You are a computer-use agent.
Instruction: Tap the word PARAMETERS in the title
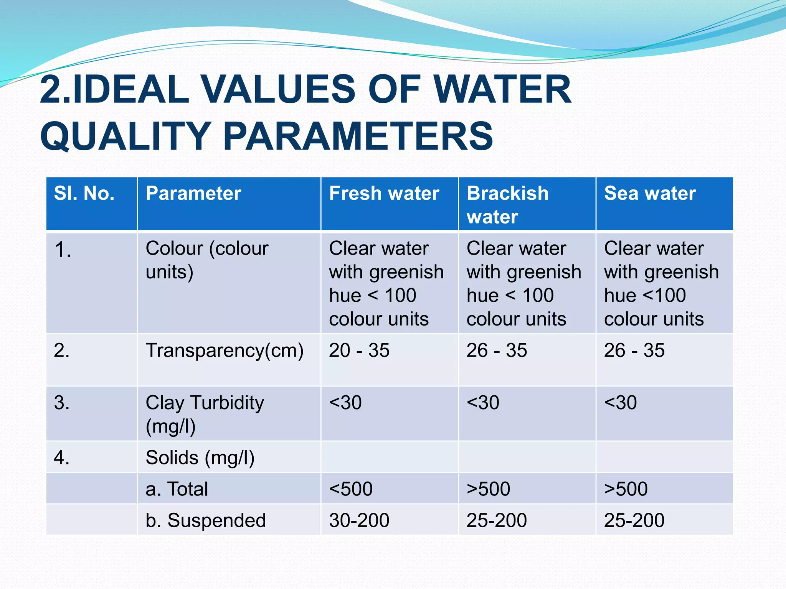click(x=358, y=136)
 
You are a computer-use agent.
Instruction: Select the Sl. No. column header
click(x=84, y=193)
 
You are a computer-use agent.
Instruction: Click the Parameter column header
click(x=193, y=193)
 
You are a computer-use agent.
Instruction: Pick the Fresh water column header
click(x=384, y=193)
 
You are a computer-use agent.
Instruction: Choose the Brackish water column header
click(x=507, y=205)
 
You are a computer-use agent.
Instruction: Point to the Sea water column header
click(x=650, y=193)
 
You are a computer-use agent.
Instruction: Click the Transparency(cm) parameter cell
click(x=225, y=350)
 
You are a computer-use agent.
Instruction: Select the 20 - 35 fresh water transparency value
click(x=359, y=350)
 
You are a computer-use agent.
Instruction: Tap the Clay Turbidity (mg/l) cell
click(x=205, y=414)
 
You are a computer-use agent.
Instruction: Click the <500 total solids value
click(x=351, y=489)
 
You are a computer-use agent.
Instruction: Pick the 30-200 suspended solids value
click(x=359, y=520)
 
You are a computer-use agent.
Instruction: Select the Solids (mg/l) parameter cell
click(x=200, y=457)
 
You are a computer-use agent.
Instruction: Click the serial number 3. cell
click(x=62, y=403)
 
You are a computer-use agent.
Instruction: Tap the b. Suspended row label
click(x=206, y=520)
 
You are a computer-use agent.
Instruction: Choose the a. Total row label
click(x=177, y=489)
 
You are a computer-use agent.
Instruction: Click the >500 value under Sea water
click(x=626, y=489)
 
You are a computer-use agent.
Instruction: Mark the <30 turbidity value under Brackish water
click(x=483, y=403)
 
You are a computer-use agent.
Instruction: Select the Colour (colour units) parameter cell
click(x=207, y=260)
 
